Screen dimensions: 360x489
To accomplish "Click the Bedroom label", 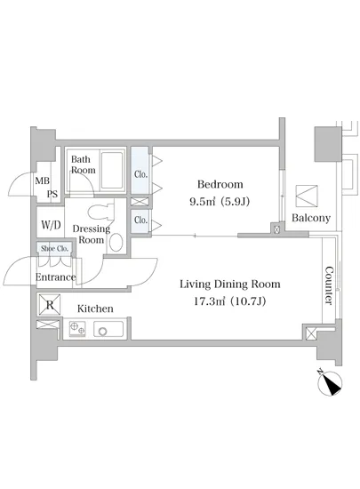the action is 220,184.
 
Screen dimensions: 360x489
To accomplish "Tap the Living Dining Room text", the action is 230,285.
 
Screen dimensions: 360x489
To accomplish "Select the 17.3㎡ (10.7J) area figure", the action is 230,301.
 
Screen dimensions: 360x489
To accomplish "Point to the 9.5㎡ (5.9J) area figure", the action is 220,202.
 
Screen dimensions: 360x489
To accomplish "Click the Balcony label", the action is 311,218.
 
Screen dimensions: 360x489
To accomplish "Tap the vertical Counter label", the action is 329,285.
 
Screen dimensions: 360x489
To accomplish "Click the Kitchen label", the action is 95,309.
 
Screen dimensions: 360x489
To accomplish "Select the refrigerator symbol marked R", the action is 50,304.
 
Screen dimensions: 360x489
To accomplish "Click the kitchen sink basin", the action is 108,329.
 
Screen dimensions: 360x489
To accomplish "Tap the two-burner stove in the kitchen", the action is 77,329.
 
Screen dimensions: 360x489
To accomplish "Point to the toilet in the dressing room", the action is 100,212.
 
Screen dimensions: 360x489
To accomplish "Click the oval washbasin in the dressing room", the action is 116,243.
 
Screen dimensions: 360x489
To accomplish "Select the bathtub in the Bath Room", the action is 112,171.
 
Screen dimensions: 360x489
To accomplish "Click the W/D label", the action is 51,225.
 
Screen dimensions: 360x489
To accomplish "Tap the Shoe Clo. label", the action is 54,249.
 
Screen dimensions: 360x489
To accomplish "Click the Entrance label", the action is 55,277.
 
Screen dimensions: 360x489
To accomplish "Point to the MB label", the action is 43,180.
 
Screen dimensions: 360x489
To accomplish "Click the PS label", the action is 52,194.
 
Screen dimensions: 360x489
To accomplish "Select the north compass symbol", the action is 330,382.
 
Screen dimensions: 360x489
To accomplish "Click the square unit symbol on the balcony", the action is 307,196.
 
